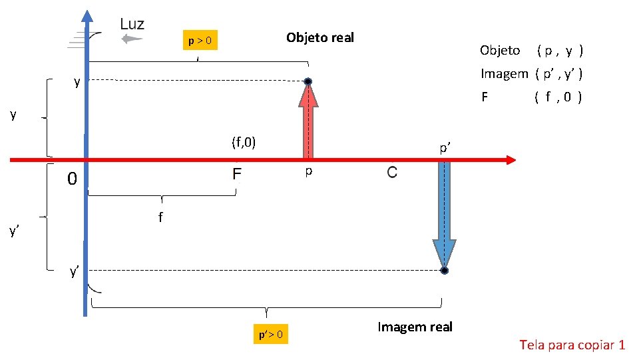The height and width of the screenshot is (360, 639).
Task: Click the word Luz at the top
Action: tap(132, 24)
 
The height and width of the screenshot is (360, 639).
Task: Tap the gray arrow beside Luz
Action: tap(132, 39)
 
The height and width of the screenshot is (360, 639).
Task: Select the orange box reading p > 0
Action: tap(200, 41)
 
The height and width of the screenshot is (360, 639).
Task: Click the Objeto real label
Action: tap(319, 37)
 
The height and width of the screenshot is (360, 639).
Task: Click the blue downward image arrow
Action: tap(444, 213)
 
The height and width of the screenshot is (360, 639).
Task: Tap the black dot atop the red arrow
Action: tap(308, 82)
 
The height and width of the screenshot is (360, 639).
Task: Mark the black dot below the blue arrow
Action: tap(444, 270)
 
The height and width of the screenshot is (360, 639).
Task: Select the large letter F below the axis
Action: tap(237, 175)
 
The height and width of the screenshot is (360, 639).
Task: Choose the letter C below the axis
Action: tap(391, 173)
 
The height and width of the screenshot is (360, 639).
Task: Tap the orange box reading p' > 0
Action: tap(271, 334)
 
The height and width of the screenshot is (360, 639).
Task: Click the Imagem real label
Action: tap(415, 327)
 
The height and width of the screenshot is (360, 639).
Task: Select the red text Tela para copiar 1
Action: tap(572, 345)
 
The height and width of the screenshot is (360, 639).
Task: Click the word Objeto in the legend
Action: tap(500, 51)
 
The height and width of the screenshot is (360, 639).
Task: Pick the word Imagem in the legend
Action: tap(505, 74)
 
